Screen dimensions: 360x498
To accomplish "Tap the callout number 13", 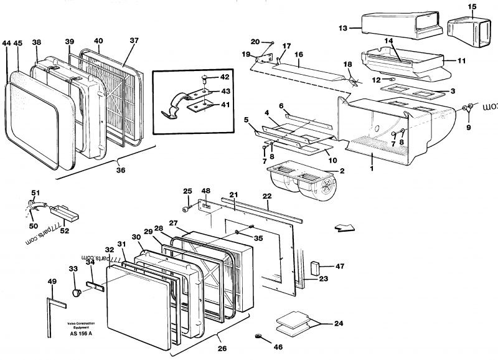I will tap(342, 28).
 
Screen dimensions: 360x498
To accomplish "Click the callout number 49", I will tap(52, 282).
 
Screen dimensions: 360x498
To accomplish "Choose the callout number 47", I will tap(339, 266).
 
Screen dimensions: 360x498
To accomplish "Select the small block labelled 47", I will tap(315, 268).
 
